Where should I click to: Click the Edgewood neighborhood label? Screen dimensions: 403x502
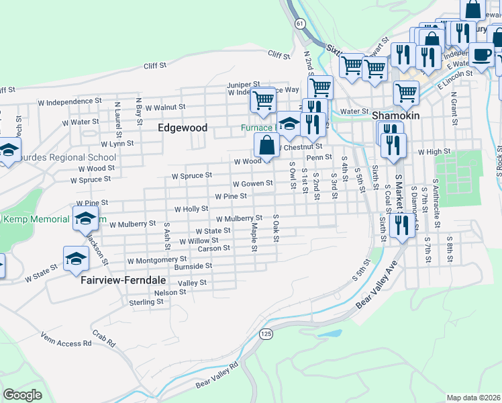(x=183, y=127)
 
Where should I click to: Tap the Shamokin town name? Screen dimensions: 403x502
(x=395, y=116)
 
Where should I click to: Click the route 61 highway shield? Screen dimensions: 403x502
(x=299, y=24)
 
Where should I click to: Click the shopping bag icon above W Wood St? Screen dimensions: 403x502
(x=266, y=144)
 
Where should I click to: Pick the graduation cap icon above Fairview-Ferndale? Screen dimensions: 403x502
(x=76, y=259)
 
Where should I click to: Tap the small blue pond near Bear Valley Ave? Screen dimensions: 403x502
(x=330, y=333)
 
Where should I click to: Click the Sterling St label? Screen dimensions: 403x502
(x=146, y=302)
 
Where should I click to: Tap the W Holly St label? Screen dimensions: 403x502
(x=191, y=209)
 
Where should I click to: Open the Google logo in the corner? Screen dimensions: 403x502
(x=22, y=394)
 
